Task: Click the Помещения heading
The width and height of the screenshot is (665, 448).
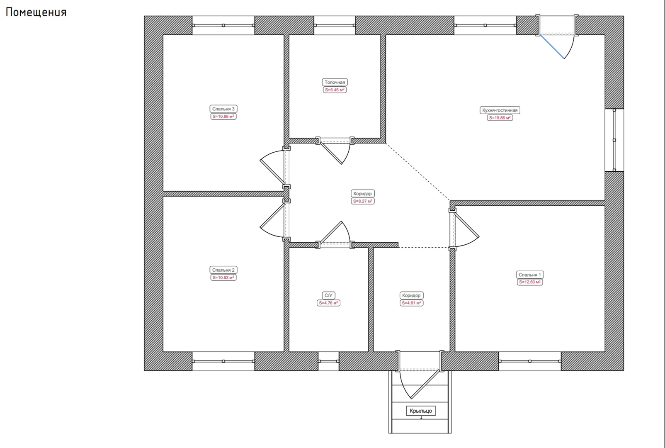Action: coord(36,12)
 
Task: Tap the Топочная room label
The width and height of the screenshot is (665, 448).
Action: coord(335,82)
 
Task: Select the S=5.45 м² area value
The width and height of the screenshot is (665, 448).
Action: coord(335,90)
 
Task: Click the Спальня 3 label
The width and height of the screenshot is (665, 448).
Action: coord(223,109)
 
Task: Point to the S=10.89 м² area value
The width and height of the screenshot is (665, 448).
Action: coord(223,117)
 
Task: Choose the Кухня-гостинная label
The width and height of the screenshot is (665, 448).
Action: coord(500,110)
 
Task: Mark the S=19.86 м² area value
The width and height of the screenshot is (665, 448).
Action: coord(500,118)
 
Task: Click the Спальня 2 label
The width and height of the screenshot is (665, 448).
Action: coord(223,270)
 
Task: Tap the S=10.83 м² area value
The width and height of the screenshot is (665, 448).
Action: coord(223,278)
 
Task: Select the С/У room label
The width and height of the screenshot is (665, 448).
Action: coord(328,295)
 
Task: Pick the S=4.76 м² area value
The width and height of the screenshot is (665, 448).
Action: coord(328,303)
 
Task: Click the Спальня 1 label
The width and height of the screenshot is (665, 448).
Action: coord(529,275)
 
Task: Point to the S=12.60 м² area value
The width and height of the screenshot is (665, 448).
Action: coord(529,282)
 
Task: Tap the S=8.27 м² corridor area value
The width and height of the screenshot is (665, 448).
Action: coord(362,201)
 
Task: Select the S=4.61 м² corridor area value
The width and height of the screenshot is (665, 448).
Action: coord(411,303)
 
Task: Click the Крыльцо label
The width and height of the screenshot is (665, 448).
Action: coord(421,411)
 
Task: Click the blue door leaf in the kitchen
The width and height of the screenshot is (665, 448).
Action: coord(552,46)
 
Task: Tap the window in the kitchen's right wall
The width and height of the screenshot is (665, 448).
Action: coord(614,140)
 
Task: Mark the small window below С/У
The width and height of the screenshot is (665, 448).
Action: coord(328,361)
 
